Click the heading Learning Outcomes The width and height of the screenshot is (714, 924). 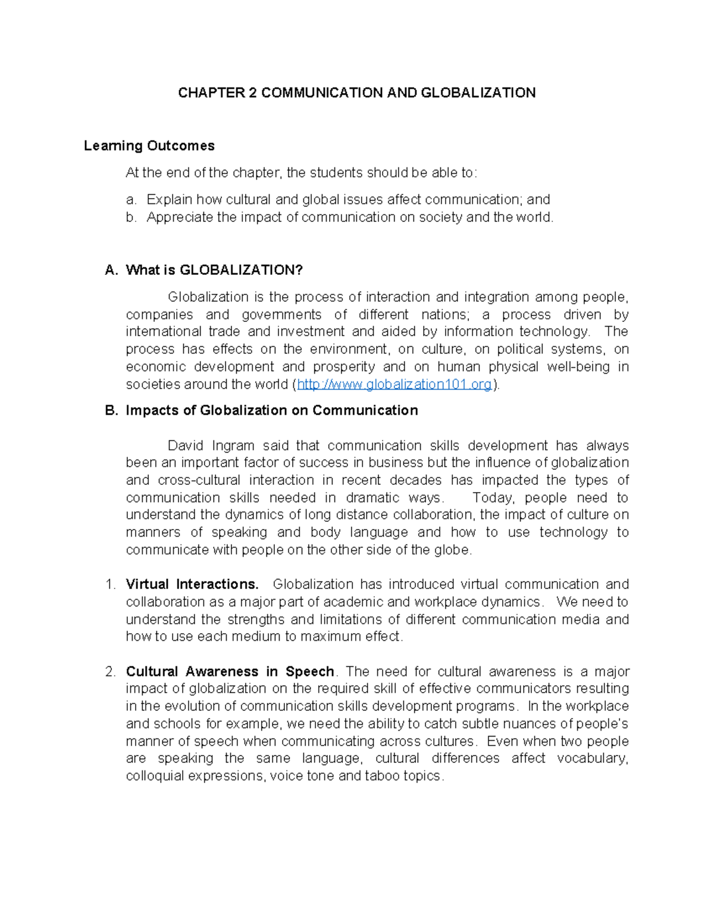click(149, 146)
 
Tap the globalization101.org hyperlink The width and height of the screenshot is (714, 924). click(394, 385)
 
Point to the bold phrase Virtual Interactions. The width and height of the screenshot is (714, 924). click(192, 584)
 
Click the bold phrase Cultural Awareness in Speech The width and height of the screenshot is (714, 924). click(230, 672)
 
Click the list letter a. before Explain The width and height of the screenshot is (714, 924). click(131, 200)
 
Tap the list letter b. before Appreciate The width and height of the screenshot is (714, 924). click(131, 218)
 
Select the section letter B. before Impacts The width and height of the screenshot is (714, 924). click(111, 411)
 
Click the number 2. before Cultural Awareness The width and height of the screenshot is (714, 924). click(110, 672)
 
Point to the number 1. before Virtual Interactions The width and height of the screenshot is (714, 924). click(110, 584)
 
